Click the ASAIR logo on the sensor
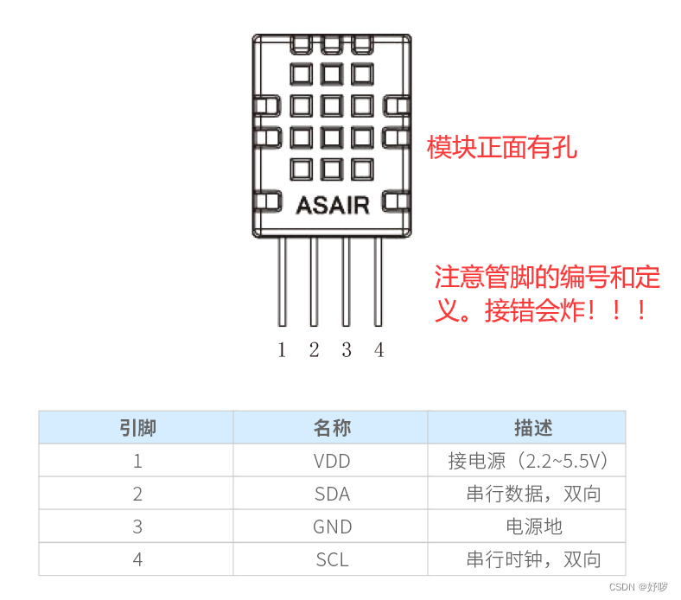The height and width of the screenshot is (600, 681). click(x=332, y=205)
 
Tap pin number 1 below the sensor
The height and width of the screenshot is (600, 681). click(x=282, y=350)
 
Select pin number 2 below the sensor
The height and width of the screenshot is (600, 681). click(x=314, y=350)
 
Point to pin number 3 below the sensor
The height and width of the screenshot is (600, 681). click(x=346, y=350)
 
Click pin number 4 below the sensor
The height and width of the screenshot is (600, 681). click(x=379, y=350)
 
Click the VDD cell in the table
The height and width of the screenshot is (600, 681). click(x=332, y=461)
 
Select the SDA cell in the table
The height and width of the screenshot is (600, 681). click(x=332, y=494)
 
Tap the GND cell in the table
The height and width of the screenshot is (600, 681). click(x=332, y=527)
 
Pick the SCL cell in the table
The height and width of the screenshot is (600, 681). click(x=332, y=559)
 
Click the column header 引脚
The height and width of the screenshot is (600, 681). click(x=137, y=428)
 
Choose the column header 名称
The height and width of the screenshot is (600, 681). click(x=332, y=428)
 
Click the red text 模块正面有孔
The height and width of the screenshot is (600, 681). click(x=502, y=148)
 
